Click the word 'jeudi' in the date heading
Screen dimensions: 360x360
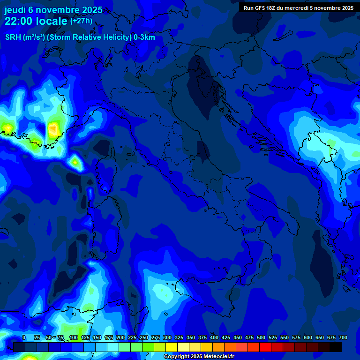[x=15, y=10]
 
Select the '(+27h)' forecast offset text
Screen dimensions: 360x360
[x=81, y=21]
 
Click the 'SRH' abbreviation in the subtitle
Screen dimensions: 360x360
[x=13, y=37]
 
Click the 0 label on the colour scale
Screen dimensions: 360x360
[x=24, y=337]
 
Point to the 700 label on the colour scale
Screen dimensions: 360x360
[x=343, y=337]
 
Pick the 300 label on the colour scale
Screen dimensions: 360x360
[x=167, y=337]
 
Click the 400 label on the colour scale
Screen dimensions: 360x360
[x=214, y=337]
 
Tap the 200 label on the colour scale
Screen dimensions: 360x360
[x=120, y=337]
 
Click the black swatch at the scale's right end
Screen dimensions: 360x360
[x=336, y=347]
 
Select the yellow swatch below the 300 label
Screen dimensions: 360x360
[x=172, y=347]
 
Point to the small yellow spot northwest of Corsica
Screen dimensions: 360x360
[x=75, y=162]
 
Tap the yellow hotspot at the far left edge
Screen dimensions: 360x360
[x=7, y=127]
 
